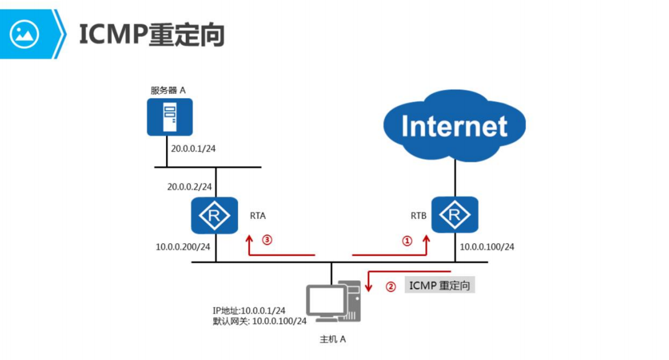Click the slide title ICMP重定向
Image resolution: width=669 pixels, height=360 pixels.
tap(151, 35)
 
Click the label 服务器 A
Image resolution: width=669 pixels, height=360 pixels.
tap(168, 90)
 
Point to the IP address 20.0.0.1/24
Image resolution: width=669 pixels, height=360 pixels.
tap(193, 150)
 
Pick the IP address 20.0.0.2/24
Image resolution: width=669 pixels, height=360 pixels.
tap(189, 187)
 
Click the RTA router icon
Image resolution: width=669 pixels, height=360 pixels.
tap(215, 216)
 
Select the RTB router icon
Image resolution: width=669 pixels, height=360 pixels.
tap(455, 216)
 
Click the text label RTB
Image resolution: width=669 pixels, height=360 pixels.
tap(418, 216)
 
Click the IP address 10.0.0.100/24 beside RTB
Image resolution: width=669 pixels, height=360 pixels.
tap(487, 247)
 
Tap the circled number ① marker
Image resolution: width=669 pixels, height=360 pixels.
tap(407, 241)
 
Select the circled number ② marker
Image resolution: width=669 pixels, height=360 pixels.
tap(390, 287)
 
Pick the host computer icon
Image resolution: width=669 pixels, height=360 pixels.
tap(333, 302)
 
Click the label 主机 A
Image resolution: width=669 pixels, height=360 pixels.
tap(333, 339)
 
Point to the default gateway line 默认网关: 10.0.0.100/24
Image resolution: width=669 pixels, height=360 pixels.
tap(259, 321)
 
